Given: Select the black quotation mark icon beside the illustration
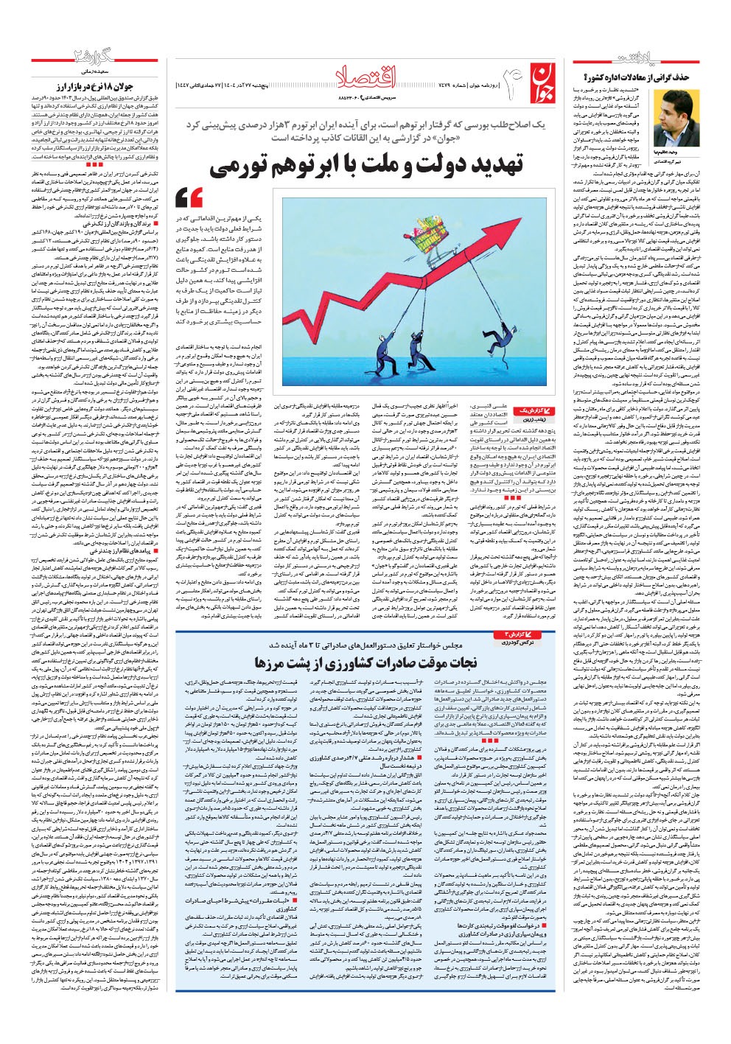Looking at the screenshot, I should point(189,197).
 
